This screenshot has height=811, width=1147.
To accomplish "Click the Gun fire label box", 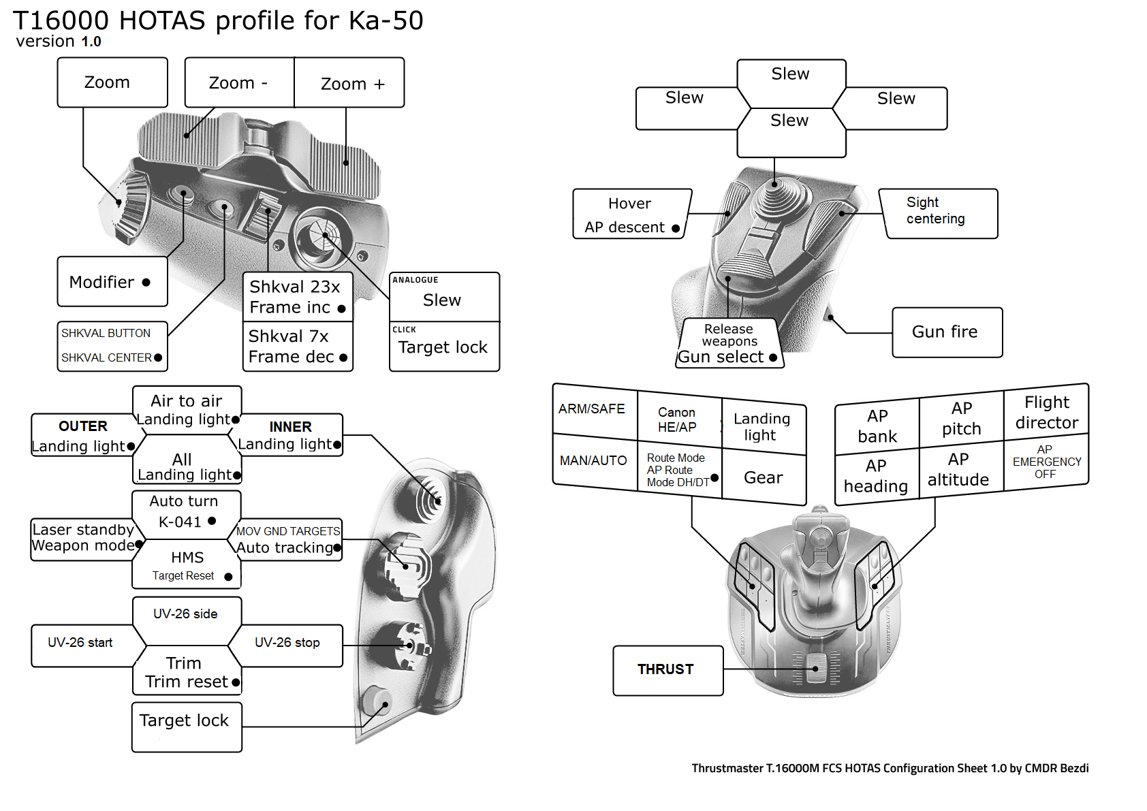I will (x=947, y=332).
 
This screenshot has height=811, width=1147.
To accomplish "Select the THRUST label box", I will (x=667, y=670).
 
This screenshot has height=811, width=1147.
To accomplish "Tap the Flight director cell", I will (x=1046, y=413).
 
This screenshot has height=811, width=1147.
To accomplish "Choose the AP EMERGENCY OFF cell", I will (x=1046, y=462).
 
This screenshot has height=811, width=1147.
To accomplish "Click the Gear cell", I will (x=764, y=478).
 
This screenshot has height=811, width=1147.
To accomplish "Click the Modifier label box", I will (x=112, y=282).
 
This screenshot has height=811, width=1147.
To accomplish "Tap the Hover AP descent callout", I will (x=631, y=214).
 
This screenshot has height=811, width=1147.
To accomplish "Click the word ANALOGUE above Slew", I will (x=415, y=280).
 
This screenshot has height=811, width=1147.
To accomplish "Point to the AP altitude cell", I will (x=959, y=470).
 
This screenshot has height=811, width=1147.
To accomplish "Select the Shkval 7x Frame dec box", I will (x=298, y=347).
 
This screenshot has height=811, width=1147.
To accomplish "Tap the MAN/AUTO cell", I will (x=593, y=461).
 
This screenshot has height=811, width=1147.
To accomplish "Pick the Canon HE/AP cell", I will (x=678, y=419).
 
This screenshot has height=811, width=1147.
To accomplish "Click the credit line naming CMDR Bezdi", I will (x=890, y=768).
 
